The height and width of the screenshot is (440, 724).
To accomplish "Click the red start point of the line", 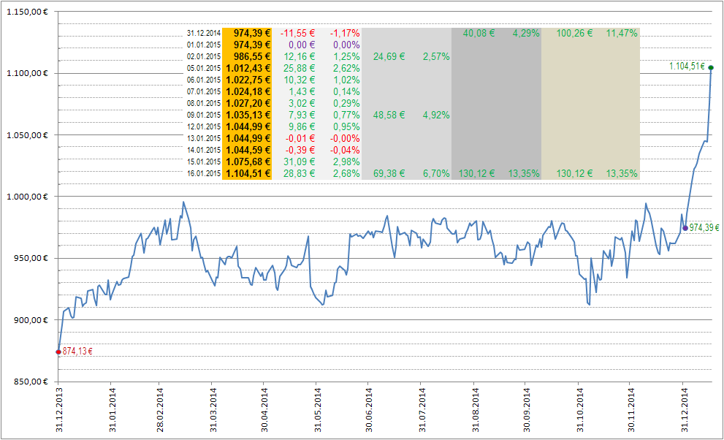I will pyautogui.click(x=58, y=352).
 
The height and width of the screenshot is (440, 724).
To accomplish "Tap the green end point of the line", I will pyautogui.click(x=711, y=68).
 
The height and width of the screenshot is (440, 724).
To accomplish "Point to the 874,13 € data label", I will pyautogui.click(x=77, y=352).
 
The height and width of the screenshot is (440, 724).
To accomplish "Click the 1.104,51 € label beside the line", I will pyautogui.click(x=687, y=67).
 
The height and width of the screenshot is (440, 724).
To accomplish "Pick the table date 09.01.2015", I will pyautogui.click(x=204, y=115).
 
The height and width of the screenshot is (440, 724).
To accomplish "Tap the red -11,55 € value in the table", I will pyautogui.click(x=297, y=33).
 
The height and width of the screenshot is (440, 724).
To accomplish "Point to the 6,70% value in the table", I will pyautogui.click(x=436, y=173).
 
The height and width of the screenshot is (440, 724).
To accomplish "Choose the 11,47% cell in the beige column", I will pyautogui.click(x=622, y=33).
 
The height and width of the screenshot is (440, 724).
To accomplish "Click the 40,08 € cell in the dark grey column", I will pyautogui.click(x=479, y=33).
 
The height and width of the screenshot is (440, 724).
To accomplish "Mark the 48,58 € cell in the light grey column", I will pyautogui.click(x=389, y=115).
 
